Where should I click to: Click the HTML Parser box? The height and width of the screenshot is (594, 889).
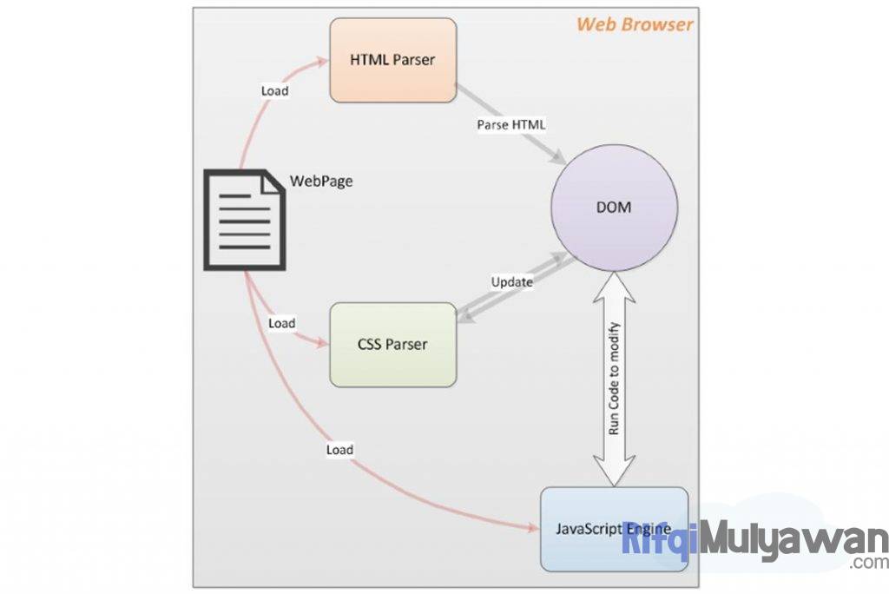(x=392, y=60)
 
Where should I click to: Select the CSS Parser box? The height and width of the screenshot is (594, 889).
(x=392, y=344)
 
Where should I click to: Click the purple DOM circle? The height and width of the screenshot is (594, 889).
(x=614, y=208)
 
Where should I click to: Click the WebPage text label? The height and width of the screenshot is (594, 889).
(x=320, y=182)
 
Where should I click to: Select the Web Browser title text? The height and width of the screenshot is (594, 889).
(x=635, y=24)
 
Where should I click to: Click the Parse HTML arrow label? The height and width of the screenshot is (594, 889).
(x=511, y=124)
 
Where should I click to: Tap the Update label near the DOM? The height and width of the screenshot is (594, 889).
(x=511, y=281)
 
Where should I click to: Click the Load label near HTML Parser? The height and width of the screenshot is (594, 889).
(x=274, y=90)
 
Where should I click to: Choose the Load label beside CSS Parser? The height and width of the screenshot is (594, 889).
(x=281, y=323)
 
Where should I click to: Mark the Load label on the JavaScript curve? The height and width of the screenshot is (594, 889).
(x=339, y=450)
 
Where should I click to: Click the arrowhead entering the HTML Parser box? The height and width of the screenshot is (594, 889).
(x=321, y=59)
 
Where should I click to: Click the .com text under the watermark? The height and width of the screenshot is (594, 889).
(x=869, y=563)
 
